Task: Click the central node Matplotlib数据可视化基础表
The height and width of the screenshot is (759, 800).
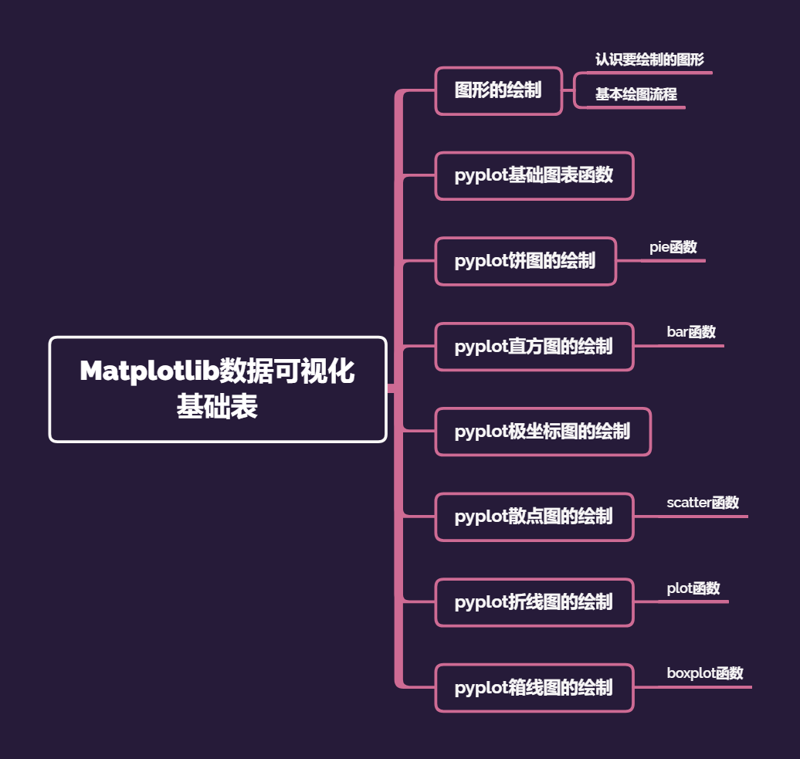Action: coord(217,389)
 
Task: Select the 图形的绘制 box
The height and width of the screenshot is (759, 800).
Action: coord(498,90)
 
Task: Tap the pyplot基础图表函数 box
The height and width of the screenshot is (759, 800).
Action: coord(534,175)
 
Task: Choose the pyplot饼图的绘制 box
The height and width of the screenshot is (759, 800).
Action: coord(525,261)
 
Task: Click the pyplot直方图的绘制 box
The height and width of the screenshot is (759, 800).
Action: coord(534,347)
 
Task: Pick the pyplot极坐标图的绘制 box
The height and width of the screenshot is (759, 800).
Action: coord(543,432)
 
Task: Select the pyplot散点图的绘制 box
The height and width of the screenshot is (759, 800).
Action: coord(534,517)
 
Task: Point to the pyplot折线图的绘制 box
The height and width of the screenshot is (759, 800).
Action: coord(534,602)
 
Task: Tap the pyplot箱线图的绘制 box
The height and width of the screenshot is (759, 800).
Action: coord(534,687)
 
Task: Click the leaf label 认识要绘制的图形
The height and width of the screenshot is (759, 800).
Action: coord(649,59)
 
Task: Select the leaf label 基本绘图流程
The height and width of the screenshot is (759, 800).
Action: coord(636,94)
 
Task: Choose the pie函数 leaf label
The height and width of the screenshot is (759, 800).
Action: coord(673,247)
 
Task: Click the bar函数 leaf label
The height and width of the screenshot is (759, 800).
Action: coord(691,332)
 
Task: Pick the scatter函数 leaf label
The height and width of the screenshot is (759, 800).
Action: coord(703,503)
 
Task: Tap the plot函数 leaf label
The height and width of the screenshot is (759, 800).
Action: coord(693,588)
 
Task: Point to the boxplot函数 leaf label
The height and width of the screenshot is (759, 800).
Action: coord(705,673)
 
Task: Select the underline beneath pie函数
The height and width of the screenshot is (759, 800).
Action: coord(673,261)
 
